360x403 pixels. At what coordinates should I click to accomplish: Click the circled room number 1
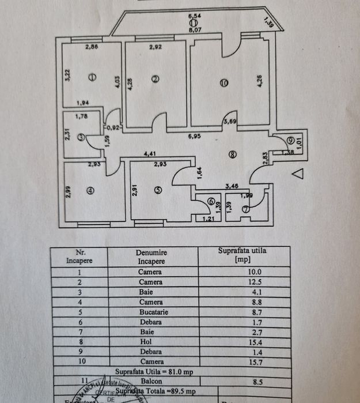tap(92, 77)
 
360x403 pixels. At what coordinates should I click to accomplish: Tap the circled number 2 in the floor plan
tap(155, 80)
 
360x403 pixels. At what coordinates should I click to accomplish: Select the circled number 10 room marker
tap(225, 83)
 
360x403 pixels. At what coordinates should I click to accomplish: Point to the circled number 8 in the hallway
tap(232, 154)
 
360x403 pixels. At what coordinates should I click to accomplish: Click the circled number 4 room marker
tap(90, 191)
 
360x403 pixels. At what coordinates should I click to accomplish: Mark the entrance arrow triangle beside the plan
tap(297, 172)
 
